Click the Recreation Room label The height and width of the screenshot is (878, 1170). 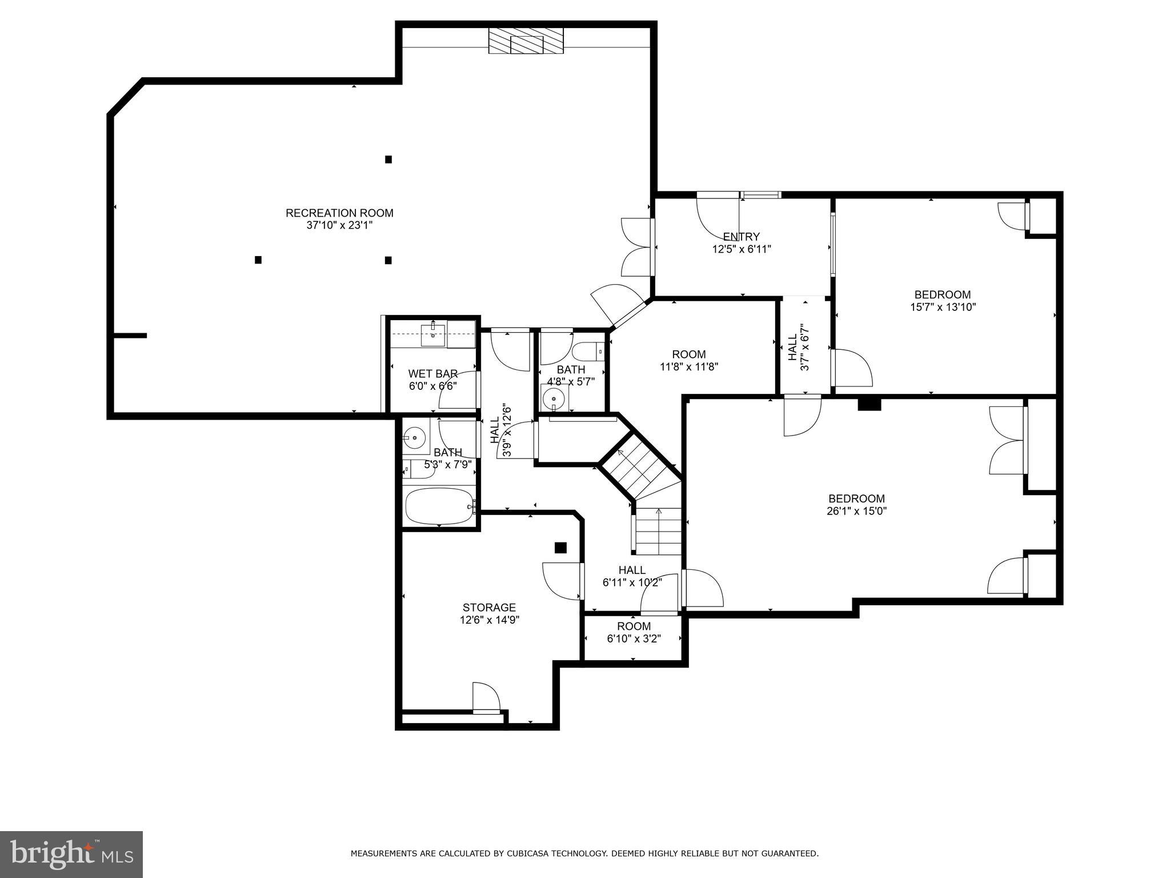[x=339, y=213]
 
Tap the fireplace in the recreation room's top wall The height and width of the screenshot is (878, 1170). [x=526, y=42]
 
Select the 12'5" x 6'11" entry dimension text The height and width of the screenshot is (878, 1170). [x=742, y=249]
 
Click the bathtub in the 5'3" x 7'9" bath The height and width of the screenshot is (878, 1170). [x=439, y=506]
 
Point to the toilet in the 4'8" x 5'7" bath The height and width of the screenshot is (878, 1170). [x=586, y=351]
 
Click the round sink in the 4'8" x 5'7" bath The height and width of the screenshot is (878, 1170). [x=554, y=397]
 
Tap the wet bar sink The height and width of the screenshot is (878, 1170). [x=433, y=335]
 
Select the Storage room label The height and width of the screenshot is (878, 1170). [x=489, y=608]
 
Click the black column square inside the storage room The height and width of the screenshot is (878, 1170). [x=560, y=548]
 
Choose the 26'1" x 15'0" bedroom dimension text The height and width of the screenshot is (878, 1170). [x=856, y=511]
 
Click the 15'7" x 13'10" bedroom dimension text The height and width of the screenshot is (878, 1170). [x=943, y=307]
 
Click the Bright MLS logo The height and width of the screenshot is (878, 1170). [x=71, y=854]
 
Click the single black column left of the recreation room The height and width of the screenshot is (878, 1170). [x=258, y=260]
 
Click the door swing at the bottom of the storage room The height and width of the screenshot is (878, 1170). [x=486, y=697]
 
